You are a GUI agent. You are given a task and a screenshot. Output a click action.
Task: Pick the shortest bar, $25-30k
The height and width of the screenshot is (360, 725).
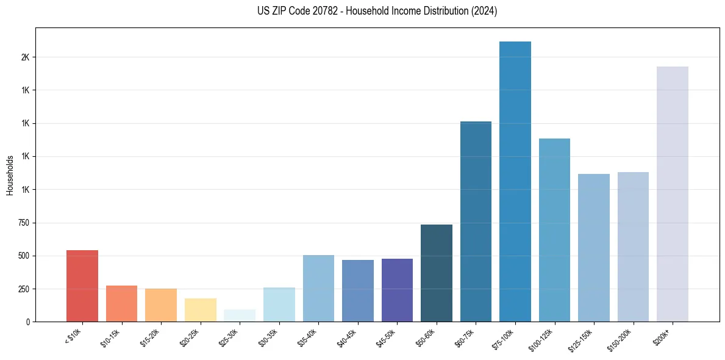point(240,315)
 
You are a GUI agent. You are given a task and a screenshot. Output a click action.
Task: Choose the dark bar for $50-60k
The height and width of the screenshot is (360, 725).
point(437,273)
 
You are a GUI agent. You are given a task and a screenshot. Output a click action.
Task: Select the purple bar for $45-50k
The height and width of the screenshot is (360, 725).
point(397,290)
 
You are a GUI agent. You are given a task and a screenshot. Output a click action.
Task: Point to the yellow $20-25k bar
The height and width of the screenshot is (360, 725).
point(201,310)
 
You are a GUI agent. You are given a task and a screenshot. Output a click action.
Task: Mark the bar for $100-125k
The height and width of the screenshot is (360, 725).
point(554,230)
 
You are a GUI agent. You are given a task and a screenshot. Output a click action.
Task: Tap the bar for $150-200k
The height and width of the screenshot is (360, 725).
point(633,247)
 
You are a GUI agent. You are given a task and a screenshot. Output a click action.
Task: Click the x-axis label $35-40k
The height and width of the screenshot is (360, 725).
point(308,337)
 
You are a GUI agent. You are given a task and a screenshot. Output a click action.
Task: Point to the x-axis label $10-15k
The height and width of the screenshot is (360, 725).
point(111,337)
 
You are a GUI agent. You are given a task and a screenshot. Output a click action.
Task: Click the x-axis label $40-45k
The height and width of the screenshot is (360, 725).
point(347,337)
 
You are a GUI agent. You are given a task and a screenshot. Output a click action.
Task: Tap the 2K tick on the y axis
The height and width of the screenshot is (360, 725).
point(25,57)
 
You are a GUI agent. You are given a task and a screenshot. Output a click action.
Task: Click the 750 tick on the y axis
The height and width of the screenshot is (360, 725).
point(23,223)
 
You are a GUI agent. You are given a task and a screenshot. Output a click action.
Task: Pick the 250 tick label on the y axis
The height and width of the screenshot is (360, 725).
point(23,289)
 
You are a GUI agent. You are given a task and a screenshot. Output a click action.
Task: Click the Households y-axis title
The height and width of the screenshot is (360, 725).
point(10,175)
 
